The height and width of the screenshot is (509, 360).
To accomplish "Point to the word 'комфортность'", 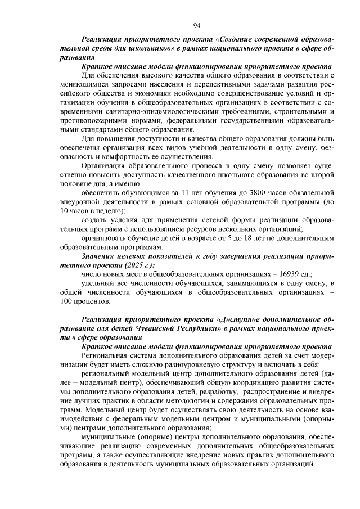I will (x=120, y=156).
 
